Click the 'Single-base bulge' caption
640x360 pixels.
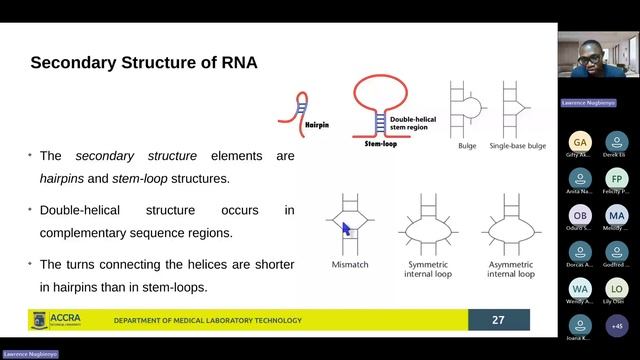coord(517,146)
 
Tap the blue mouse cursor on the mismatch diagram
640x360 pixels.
coord(346,230)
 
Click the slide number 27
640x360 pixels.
coord(498,320)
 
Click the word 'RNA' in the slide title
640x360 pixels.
coord(237,63)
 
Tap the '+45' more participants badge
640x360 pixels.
coord(616,325)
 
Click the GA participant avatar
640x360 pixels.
coord(580,142)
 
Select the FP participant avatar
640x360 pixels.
coord(616,179)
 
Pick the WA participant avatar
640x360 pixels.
coord(580,289)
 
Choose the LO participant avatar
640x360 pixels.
coord(616,289)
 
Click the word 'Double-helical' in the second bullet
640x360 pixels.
coord(80,211)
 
